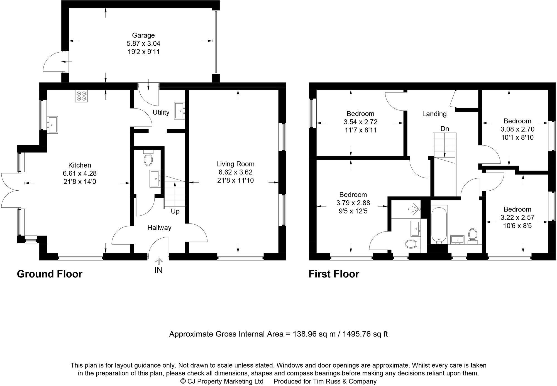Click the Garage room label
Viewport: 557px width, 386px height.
click(143, 35)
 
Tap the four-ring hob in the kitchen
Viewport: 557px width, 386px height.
click(81, 96)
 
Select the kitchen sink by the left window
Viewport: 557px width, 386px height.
click(52, 124)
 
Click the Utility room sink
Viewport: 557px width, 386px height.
click(179, 110)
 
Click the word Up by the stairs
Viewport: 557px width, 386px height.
click(175, 212)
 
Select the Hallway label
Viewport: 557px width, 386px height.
click(159, 228)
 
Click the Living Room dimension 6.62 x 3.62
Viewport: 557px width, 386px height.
click(235, 172)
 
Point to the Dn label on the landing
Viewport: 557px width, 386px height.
click(445, 129)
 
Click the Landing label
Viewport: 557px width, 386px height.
click(434, 114)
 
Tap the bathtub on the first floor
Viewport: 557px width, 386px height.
click(439, 225)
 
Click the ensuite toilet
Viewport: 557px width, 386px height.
click(411, 244)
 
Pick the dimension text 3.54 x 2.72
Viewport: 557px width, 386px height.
click(360, 122)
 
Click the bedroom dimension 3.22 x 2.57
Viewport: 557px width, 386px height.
click(517, 218)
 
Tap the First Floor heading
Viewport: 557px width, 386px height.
click(334, 274)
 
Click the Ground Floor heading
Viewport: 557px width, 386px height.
click(50, 274)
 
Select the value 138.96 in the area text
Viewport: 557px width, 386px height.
click(305, 334)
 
